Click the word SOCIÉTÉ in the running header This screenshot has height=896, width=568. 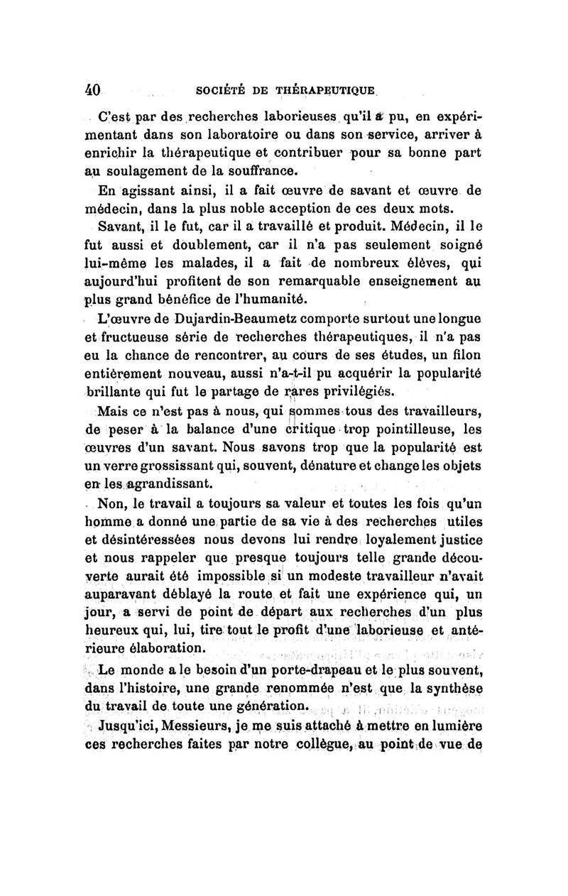(x=225, y=92)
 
